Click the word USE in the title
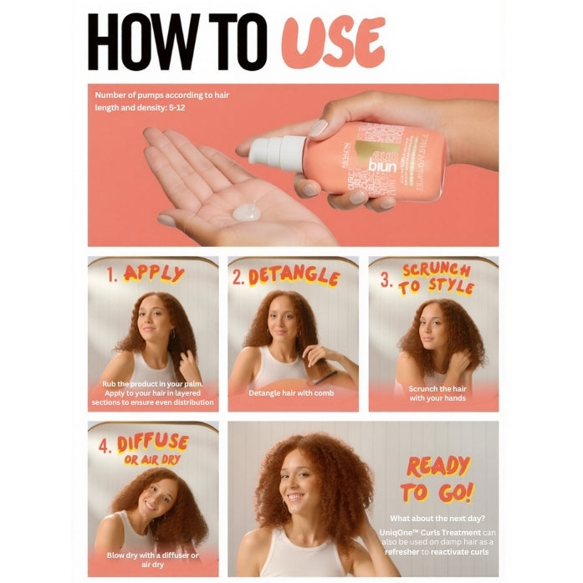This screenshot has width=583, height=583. pyautogui.click(x=333, y=41)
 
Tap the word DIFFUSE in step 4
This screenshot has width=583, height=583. pyautogui.click(x=152, y=443)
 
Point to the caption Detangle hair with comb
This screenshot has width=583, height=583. pyautogui.click(x=291, y=393)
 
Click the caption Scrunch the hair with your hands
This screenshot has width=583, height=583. pyautogui.click(x=437, y=393)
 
